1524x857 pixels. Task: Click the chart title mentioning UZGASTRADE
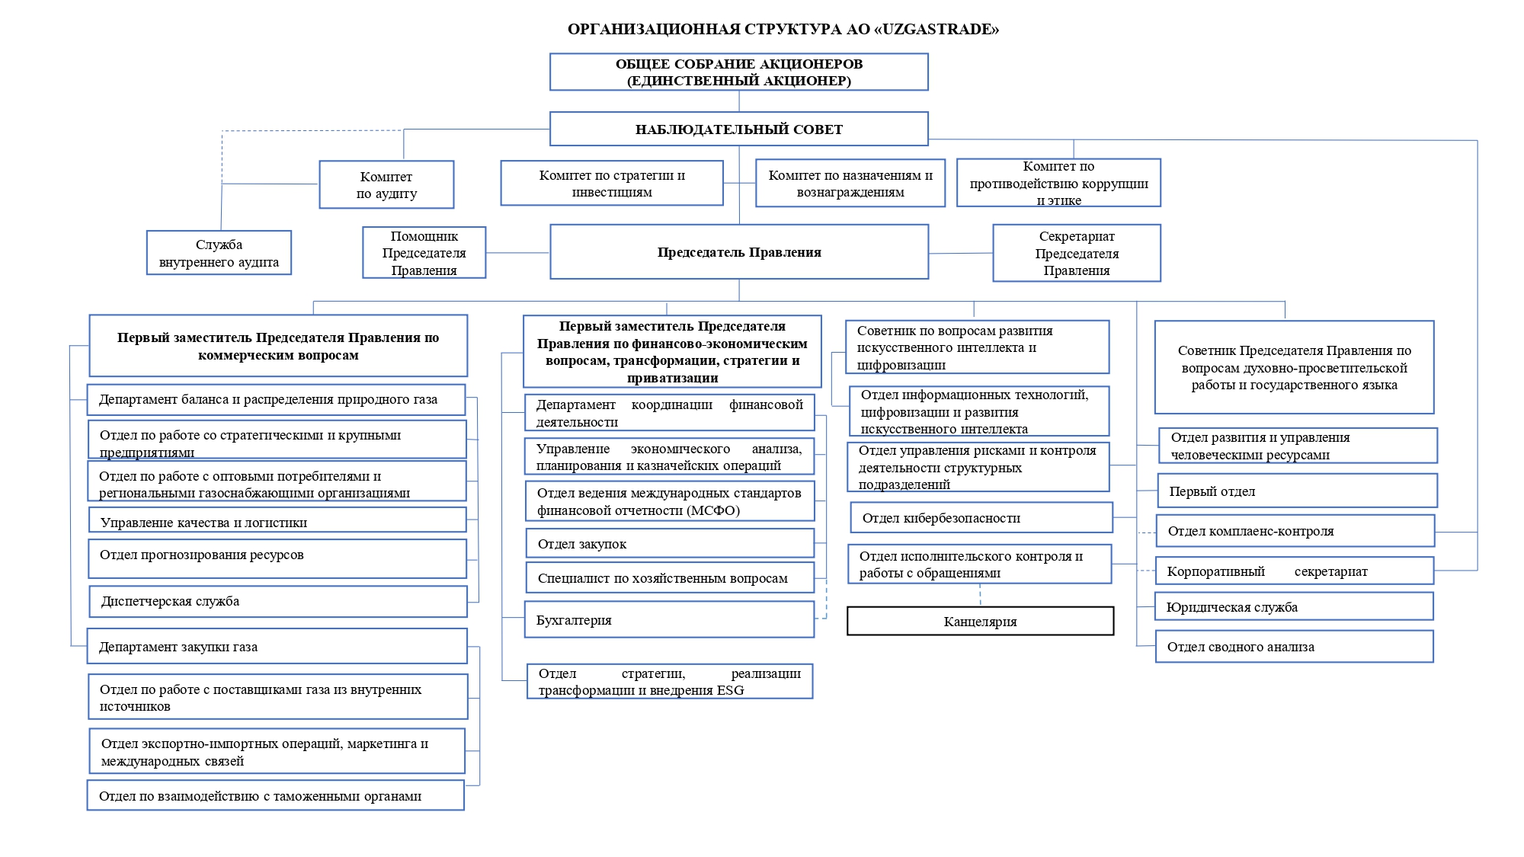click(783, 30)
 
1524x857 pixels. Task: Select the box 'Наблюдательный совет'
click(739, 129)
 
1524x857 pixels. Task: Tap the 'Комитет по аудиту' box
click(386, 184)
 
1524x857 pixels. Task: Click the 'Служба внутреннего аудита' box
click(219, 253)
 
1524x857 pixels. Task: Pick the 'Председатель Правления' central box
click(739, 252)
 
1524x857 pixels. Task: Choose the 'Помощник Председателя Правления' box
click(424, 253)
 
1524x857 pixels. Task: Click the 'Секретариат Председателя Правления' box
click(1077, 253)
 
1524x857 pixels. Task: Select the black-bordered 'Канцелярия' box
click(980, 621)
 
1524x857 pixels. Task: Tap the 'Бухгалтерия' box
click(669, 619)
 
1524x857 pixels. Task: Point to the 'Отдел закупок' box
click(670, 543)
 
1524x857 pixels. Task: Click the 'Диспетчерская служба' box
click(277, 601)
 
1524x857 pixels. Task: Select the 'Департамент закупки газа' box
click(277, 646)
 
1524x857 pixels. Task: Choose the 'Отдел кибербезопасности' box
click(981, 517)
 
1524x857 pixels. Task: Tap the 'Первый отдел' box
click(1297, 491)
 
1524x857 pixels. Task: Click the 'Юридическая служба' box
click(1294, 606)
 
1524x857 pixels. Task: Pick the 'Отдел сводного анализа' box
click(1294, 646)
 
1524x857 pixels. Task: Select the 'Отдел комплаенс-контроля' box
click(1295, 530)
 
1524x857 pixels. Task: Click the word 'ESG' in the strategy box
click(730, 690)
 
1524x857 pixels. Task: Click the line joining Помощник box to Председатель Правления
click(517, 253)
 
